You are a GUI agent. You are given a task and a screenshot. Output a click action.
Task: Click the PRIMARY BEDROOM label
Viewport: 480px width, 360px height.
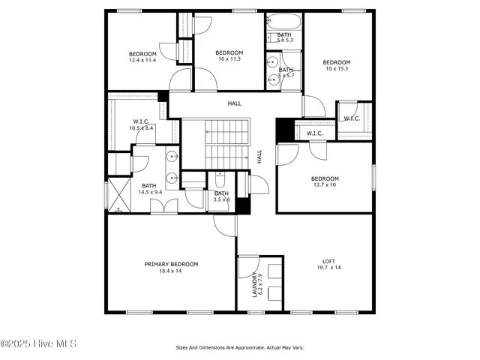pos(171,264)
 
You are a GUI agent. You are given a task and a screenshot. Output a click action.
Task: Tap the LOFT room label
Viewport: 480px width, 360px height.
pos(328,261)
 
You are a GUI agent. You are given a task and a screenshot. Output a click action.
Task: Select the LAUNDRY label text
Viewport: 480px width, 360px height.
pos(255,285)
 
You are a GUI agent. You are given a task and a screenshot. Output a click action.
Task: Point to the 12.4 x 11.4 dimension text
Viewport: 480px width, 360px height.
pos(142,60)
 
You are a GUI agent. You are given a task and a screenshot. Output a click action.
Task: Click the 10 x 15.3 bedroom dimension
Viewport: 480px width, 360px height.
pos(337,69)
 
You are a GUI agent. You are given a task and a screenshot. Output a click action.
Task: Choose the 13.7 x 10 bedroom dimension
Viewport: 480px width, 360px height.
pos(325,184)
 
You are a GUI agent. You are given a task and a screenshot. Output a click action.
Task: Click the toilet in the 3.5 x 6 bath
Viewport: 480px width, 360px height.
pos(220,180)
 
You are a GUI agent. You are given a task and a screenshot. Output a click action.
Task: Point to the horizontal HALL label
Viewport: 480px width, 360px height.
pos(235,103)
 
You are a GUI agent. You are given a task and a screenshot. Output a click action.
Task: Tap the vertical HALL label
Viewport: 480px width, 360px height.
pos(259,157)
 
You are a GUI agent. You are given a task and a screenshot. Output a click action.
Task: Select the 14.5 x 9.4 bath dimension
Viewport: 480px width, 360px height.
pos(149,193)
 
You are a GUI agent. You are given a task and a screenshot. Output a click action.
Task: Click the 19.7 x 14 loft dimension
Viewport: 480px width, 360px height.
pos(328,268)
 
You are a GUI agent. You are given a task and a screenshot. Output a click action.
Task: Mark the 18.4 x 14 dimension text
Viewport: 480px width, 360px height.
pos(171,271)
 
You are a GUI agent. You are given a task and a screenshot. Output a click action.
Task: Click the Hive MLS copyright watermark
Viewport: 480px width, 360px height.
pos(39,344)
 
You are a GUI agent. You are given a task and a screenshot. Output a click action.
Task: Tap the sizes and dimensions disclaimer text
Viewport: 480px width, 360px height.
pos(240,347)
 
